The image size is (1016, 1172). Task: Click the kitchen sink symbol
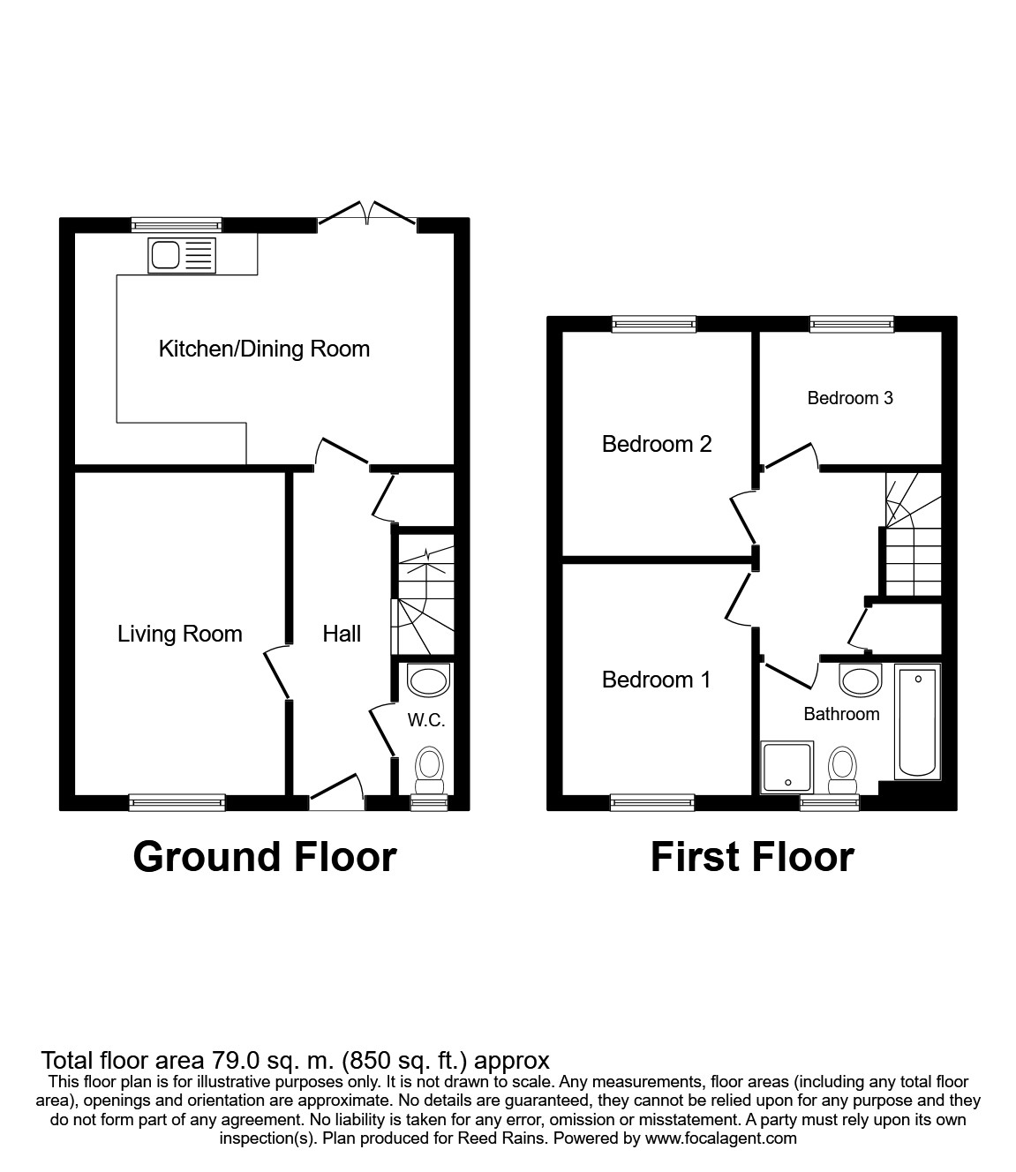182,255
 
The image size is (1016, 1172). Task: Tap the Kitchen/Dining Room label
264,349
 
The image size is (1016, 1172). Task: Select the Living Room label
179,634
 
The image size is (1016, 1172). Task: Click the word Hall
342,634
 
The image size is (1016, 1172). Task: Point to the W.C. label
425,720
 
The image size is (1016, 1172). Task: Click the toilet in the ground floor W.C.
430,767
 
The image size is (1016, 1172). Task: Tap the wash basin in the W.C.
429,681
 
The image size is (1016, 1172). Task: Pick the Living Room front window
177,802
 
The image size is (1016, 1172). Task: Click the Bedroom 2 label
656,444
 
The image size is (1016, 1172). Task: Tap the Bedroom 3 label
850,398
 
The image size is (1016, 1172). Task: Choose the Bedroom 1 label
656,680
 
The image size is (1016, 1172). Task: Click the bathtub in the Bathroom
918,723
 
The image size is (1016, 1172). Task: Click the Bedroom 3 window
852,325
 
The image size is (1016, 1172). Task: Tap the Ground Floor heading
264,857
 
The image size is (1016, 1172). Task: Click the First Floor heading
752,857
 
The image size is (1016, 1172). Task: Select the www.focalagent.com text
721,1138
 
